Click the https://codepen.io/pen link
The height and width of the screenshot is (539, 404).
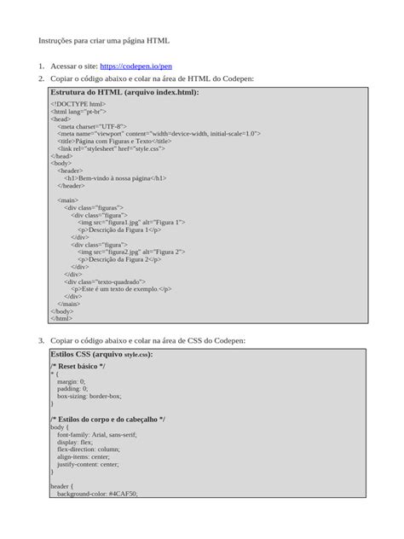[136, 65]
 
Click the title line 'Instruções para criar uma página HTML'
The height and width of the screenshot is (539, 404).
[104, 40]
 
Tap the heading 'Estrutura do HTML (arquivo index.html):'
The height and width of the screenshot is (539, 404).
[124, 91]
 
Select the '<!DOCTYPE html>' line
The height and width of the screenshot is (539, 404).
[78, 104]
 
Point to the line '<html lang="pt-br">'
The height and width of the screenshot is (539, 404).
[78, 112]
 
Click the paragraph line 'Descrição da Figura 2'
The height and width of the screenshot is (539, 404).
[118, 259]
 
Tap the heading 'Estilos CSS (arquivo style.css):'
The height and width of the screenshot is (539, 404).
[101, 353]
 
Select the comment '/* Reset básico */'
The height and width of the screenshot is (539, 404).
[78, 366]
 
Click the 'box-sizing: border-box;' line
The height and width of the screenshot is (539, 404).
[89, 396]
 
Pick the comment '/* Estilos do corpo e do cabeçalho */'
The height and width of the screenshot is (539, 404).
[107, 420]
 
